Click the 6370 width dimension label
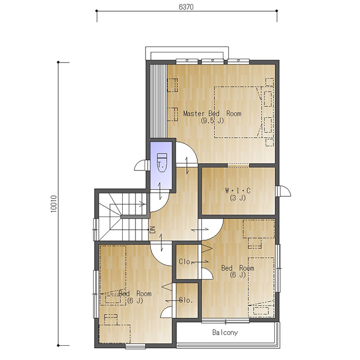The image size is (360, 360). pos(186,7)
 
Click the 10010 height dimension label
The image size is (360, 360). pos(53,204)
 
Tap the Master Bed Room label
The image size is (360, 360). pos(212,113)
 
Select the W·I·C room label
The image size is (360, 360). pos(238,191)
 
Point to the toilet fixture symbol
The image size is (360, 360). pos(161,163)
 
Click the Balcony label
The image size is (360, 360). pos(225,332)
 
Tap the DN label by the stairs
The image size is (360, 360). pos(152,230)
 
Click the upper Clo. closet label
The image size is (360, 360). pos(185,262)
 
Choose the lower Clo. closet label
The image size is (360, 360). pos(185,300)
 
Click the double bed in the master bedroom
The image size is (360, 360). pos(238,112)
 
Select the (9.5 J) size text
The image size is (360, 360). pos(212,121)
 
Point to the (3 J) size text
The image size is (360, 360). pos(238,197)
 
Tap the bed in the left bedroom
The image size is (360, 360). pos(113,275)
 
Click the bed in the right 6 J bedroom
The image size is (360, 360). pos(261,287)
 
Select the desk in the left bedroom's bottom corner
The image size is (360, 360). pos(114,334)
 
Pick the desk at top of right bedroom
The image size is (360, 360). pos(258,229)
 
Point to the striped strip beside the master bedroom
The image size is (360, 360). pos(158,102)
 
